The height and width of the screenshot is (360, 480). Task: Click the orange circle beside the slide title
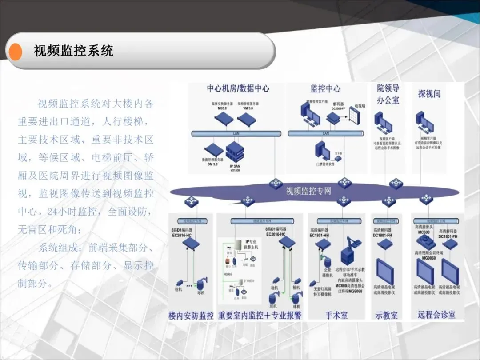coord(16,51)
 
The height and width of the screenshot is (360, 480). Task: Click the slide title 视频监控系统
coord(73,51)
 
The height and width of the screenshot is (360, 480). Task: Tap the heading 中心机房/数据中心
coord(238,88)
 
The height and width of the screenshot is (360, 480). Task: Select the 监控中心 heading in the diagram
coord(325,88)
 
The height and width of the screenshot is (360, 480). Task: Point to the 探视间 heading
coord(429,94)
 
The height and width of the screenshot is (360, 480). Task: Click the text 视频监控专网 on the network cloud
coord(308,191)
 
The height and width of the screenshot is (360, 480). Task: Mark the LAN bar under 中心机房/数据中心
coord(236,133)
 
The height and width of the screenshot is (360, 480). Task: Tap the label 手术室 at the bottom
coord(336,315)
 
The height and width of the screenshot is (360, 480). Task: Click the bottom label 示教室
coord(386,315)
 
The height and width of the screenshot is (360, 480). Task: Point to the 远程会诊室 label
coord(436,314)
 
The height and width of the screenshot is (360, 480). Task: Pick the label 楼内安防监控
coord(191,316)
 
